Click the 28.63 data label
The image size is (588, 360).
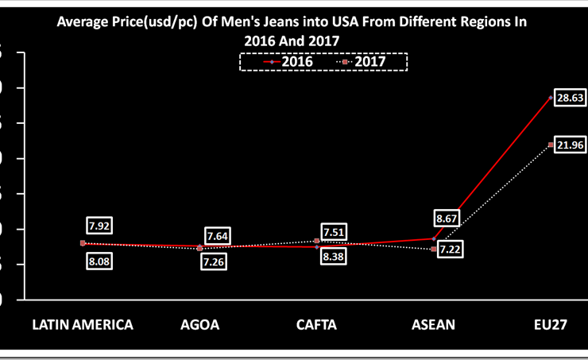click(x=569, y=98)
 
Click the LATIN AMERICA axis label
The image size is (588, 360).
click(x=82, y=324)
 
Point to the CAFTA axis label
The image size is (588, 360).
click(x=316, y=324)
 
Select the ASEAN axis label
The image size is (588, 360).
click(x=434, y=324)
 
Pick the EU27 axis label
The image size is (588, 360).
click(x=551, y=324)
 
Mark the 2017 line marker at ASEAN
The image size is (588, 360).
click(x=434, y=250)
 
